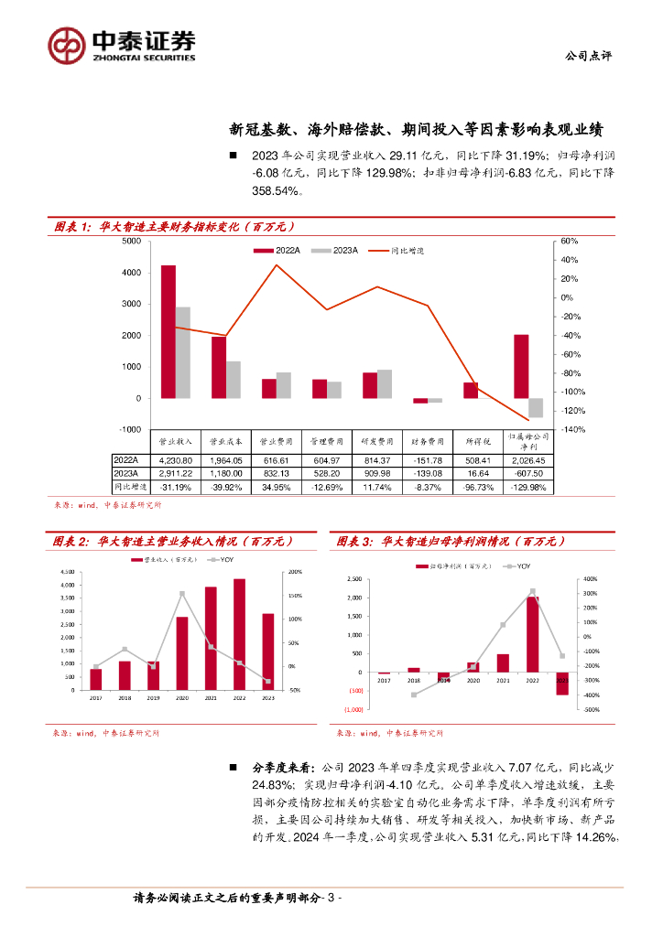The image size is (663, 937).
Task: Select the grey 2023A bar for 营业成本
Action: coord(234,380)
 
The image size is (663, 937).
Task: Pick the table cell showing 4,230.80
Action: coord(176,460)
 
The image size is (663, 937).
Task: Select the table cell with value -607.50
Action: coord(528,474)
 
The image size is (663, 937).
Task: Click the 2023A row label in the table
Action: coord(125,474)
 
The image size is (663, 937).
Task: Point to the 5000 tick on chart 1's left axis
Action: coord(131,241)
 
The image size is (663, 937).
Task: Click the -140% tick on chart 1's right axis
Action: coord(568,429)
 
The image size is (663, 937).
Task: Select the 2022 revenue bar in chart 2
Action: coord(240,634)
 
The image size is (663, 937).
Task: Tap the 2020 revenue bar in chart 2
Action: coord(182,653)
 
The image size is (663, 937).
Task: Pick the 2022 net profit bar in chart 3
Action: coord(533,634)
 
